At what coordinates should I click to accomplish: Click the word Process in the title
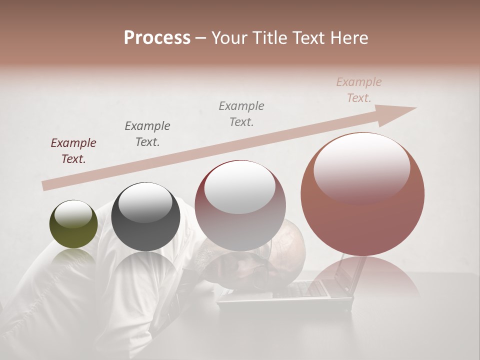pyautogui.click(x=157, y=38)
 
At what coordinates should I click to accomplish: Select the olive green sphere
pyautogui.click(x=73, y=224)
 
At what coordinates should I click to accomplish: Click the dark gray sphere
pyautogui.click(x=145, y=217)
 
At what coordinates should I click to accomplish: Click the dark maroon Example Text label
pyautogui.click(x=73, y=151)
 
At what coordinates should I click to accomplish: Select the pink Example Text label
pyautogui.click(x=359, y=90)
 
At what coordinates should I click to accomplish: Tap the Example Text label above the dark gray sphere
pyautogui.click(x=147, y=133)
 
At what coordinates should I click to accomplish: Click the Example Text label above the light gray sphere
pyautogui.click(x=241, y=113)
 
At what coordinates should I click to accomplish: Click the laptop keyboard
pyautogui.click(x=300, y=289)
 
